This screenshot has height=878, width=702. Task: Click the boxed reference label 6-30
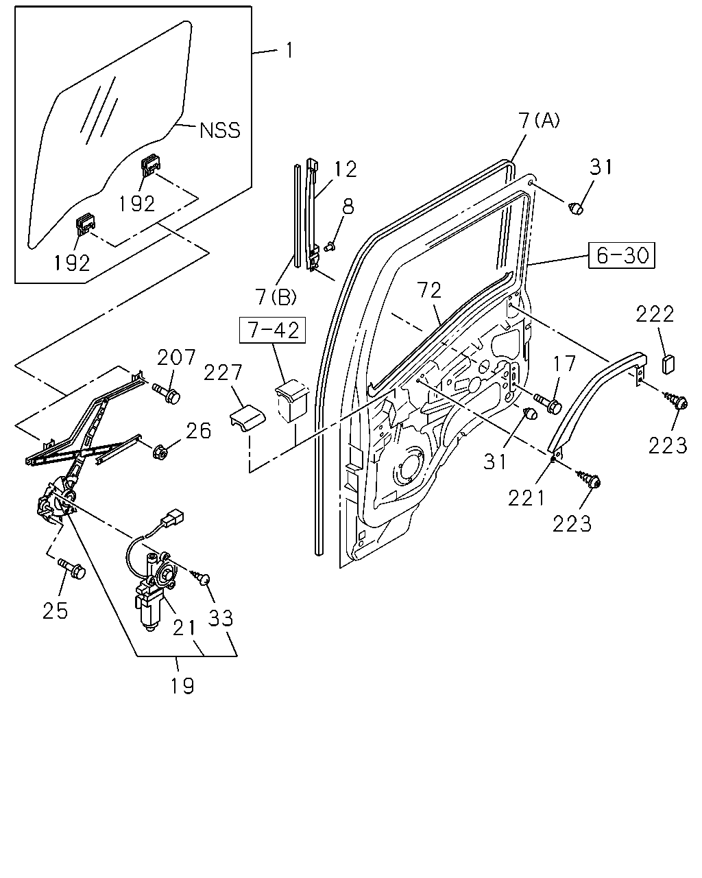tap(621, 255)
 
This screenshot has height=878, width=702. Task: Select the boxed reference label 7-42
tap(272, 330)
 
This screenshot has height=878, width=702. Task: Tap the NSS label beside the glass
tap(220, 130)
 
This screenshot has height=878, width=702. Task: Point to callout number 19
tap(182, 686)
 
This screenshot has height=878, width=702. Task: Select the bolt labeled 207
tap(167, 393)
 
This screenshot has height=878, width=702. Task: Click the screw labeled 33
tap(201, 578)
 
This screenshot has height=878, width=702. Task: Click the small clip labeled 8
tap(330, 246)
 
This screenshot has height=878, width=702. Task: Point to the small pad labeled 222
tap(668, 364)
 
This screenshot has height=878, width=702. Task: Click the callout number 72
tap(430, 290)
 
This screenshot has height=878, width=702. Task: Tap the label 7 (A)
tap(539, 121)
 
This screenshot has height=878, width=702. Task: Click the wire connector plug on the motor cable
tap(173, 518)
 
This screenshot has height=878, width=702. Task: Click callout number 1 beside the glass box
tap(289, 51)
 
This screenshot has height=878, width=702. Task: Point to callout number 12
tap(346, 169)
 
